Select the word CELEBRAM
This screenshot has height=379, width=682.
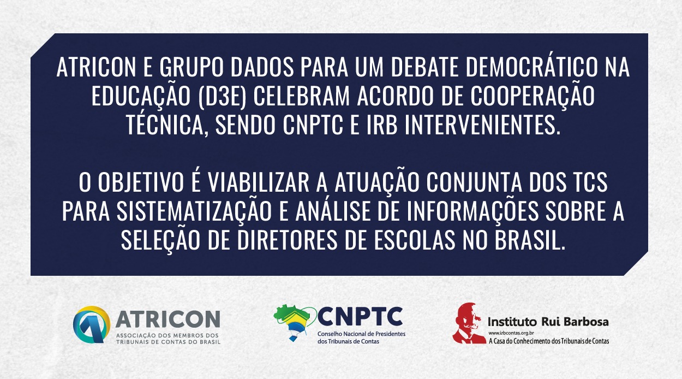click(301, 96)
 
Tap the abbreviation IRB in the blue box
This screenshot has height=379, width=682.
click(382, 125)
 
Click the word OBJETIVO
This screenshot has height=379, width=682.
click(141, 182)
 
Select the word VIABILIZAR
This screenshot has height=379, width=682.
click(258, 182)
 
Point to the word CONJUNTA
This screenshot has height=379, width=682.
click(474, 182)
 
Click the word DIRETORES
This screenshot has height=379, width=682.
click(287, 240)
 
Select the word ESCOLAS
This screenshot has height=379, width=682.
click(414, 240)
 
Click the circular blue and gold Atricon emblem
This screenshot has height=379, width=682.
click(91, 325)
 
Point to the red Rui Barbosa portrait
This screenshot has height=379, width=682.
click(468, 323)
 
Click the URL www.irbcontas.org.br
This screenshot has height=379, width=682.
click(511, 333)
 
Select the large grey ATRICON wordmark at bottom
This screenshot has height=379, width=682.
click(167, 319)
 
